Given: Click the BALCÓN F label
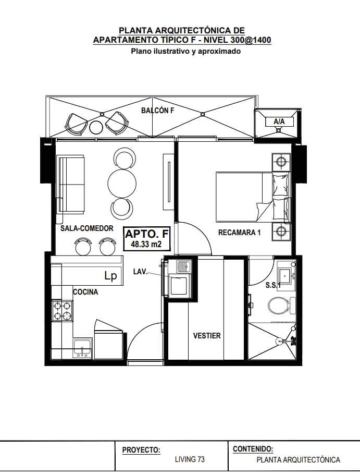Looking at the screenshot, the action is (x=157, y=111).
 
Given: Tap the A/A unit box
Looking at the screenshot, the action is (x=279, y=121).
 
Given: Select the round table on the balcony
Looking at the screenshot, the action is (x=96, y=127).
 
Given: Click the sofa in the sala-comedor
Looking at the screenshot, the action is (x=71, y=185).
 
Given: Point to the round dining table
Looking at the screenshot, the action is (x=122, y=184).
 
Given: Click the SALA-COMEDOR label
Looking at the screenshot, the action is (x=87, y=228).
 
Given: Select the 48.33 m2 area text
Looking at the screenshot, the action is (x=146, y=244).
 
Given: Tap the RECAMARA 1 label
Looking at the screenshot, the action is (x=239, y=233).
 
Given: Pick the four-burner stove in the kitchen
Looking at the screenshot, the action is (x=62, y=311).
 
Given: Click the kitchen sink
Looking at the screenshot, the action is (x=82, y=349).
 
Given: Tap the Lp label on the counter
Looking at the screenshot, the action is (x=110, y=276).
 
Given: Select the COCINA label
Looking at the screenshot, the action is (x=85, y=292).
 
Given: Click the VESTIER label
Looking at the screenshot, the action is (x=207, y=336).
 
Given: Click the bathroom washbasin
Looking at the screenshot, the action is (x=287, y=275).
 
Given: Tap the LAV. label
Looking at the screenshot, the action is (x=140, y=272).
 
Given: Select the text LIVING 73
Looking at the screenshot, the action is (x=190, y=459).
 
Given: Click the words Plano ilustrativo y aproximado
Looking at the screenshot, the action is (x=185, y=51).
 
